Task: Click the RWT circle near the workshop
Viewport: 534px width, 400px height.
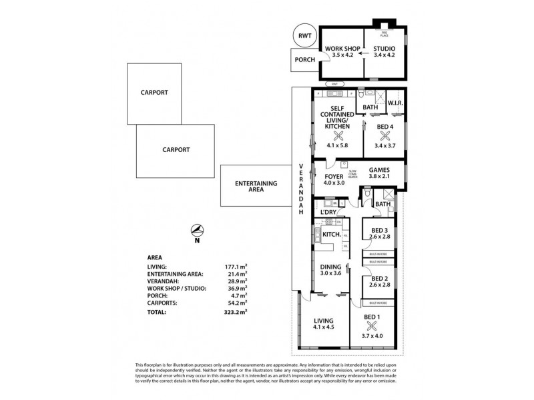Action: [304, 36]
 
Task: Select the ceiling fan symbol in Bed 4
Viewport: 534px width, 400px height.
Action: [384, 133]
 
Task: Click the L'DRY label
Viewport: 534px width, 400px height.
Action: [328, 213]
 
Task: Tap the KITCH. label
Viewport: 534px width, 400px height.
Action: [332, 235]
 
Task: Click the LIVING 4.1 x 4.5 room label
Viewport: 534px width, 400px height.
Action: [323, 324]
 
